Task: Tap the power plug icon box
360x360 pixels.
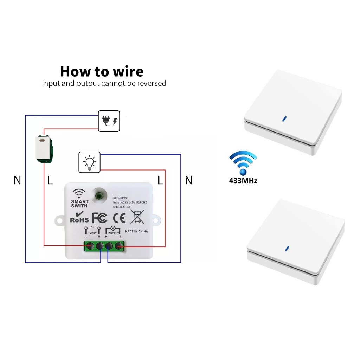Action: coord(109,121)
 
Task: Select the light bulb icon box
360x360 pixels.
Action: coord(89,162)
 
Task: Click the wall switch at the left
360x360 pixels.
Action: coord(44,149)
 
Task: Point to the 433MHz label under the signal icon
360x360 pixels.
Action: coord(243,181)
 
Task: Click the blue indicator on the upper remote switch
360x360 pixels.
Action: coord(284,118)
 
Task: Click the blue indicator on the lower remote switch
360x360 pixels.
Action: coord(287,249)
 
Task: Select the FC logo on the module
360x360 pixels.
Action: coord(99,218)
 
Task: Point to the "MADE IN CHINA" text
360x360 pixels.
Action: coord(136,231)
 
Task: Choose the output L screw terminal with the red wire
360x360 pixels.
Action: coord(119,246)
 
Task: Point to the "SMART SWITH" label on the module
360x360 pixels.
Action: coord(80,204)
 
